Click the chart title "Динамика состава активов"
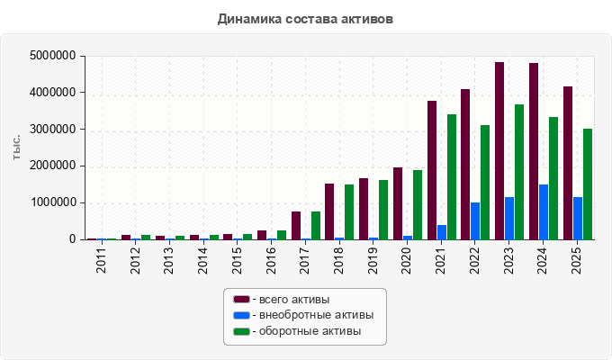[x=305, y=19]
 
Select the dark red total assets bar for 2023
[x=499, y=150]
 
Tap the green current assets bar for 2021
[x=452, y=177]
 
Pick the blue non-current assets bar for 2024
[x=544, y=212]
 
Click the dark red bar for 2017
[x=296, y=225]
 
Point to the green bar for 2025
[x=588, y=184]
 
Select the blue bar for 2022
[x=475, y=221]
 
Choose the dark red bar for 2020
[x=398, y=203]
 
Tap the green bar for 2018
[x=349, y=212]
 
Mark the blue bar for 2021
[x=442, y=232]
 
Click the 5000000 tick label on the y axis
[x=53, y=56]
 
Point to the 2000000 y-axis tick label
[x=53, y=166]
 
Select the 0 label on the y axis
[x=73, y=239]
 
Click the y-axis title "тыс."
[x=16, y=148]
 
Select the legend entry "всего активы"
[x=294, y=300]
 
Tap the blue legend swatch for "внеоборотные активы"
[x=241, y=315]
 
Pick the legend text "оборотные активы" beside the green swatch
[x=310, y=331]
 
